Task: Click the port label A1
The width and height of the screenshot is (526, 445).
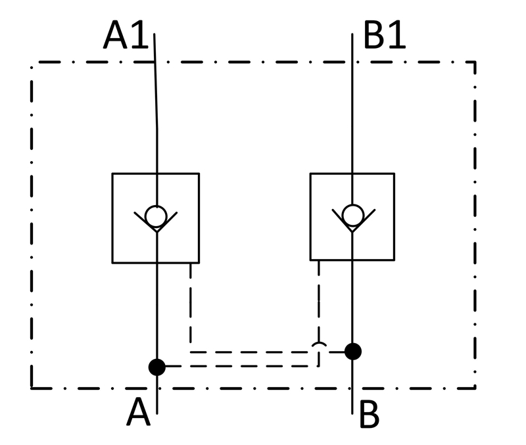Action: pos(126,35)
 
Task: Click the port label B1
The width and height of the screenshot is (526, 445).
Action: pos(385,35)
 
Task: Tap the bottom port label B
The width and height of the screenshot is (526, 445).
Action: pos(370,414)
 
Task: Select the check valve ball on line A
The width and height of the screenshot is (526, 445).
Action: pos(156,216)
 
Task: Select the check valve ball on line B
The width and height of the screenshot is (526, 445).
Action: pos(353,215)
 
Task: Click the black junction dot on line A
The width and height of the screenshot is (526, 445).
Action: pos(157,367)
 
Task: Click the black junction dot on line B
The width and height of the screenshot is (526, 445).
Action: pos(353,352)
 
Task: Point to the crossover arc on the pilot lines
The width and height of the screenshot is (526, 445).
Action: pos(319,344)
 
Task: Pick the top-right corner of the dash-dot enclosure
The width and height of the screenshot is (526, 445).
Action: pos(475,62)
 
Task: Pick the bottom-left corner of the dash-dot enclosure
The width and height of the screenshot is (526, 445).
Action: pos(32,388)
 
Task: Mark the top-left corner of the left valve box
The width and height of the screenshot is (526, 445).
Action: pos(112,174)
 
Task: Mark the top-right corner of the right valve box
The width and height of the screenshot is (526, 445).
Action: pos(394,174)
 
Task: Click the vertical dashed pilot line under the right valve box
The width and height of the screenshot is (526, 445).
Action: pos(319,313)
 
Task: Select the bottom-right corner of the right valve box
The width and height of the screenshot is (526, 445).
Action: pos(394,260)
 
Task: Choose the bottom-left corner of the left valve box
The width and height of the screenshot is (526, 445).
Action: pos(112,263)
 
